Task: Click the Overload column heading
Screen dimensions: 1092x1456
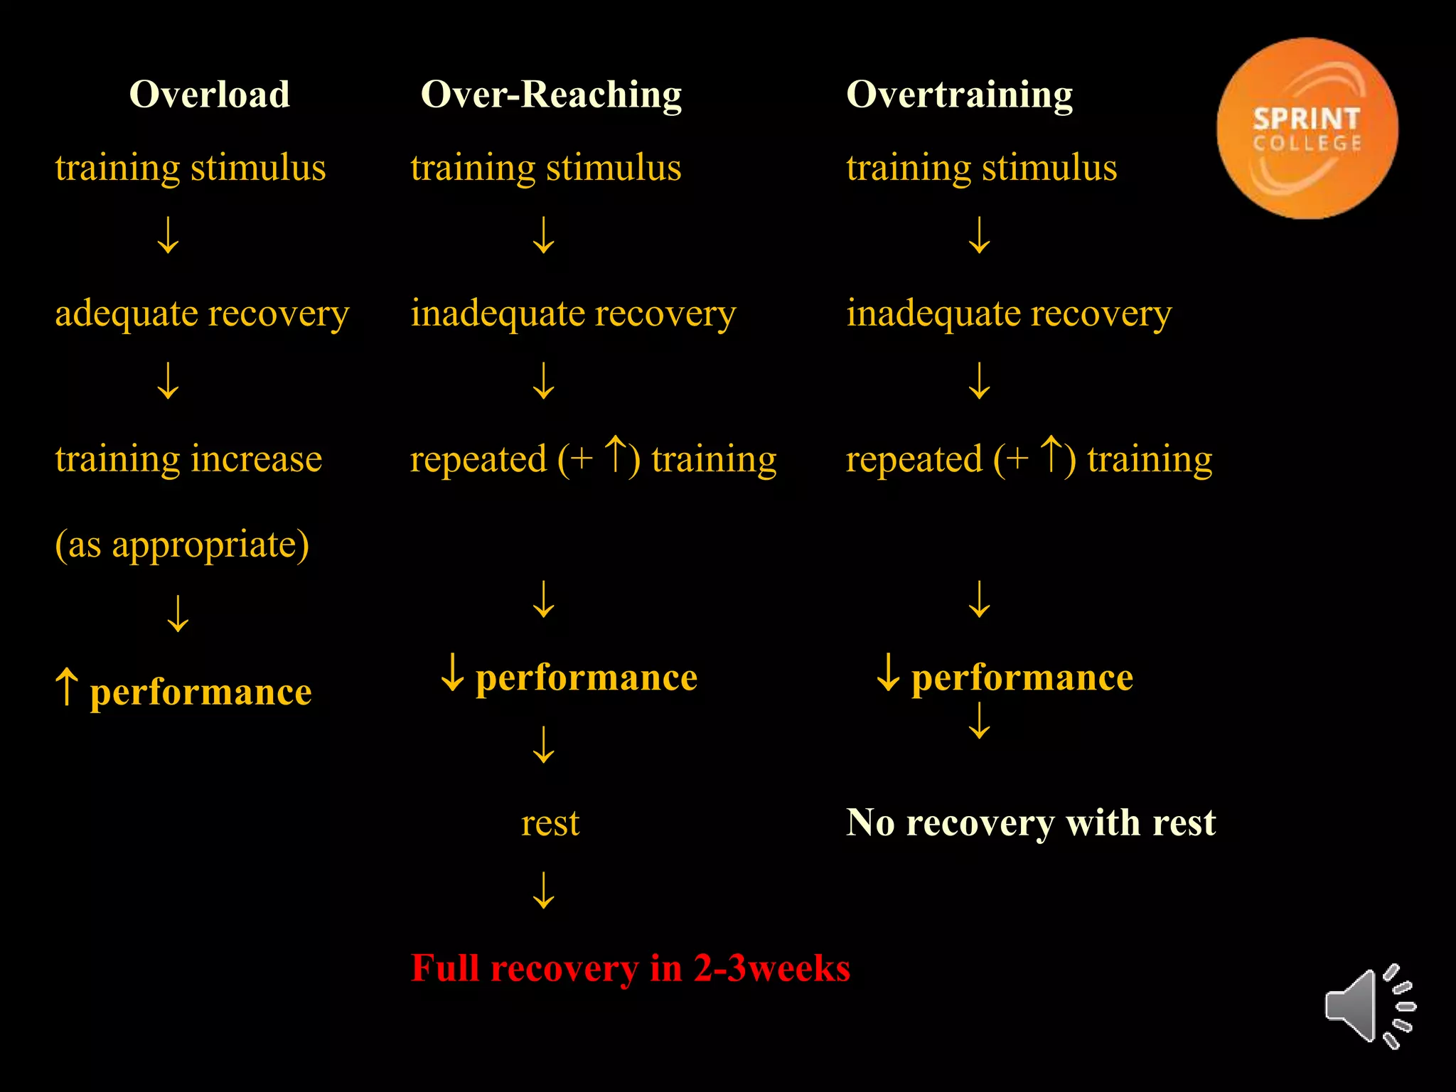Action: click(210, 94)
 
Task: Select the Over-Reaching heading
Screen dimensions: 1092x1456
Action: click(551, 94)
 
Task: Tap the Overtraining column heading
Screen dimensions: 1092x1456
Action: click(959, 94)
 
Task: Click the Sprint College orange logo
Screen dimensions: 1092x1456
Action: click(1307, 129)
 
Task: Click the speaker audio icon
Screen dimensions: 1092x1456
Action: click(1369, 1007)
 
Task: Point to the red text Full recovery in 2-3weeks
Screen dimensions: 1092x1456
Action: click(630, 968)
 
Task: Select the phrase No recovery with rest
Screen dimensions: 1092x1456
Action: click(1030, 823)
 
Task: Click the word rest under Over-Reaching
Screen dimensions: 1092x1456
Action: click(550, 823)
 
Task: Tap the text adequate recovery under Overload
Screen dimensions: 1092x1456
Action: click(202, 314)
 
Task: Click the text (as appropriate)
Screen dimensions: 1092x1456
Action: click(182, 545)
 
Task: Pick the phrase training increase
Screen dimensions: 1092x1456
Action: click(188, 459)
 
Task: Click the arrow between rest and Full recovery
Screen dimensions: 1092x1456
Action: click(544, 890)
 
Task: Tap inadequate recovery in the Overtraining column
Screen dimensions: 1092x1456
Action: click(1008, 314)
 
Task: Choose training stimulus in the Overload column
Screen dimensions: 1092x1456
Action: click(191, 168)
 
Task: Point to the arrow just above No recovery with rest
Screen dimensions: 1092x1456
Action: click(980, 721)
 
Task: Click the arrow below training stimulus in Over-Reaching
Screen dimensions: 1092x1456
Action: click(544, 235)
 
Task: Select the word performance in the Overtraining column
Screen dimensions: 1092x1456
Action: click(1022, 677)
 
